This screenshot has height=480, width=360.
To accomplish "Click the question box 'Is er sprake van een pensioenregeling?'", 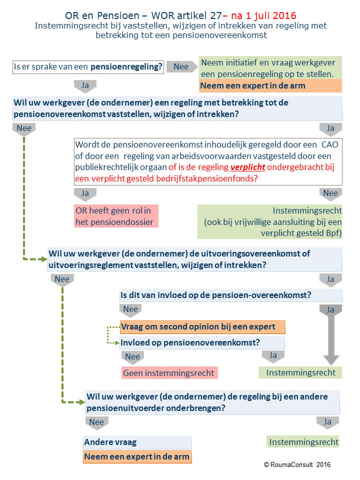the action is [x=88, y=66].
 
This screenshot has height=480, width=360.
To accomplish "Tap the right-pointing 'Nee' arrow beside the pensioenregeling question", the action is [x=182, y=66].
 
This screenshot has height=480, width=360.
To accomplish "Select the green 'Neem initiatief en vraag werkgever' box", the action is [x=270, y=68].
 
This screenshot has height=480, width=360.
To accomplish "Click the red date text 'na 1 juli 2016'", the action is [x=263, y=15].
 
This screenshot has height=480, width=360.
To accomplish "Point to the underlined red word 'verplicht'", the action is [x=247, y=167].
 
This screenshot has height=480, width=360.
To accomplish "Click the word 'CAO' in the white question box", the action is [x=329, y=144].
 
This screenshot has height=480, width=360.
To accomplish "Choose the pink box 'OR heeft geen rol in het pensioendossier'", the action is [x=116, y=216].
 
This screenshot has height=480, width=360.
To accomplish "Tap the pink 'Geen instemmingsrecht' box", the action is [x=169, y=373].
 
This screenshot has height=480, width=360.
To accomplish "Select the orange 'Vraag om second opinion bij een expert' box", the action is [x=202, y=327].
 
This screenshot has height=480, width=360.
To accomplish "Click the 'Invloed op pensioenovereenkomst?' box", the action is [x=202, y=342].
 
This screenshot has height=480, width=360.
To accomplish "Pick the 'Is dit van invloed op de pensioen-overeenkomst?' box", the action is [x=231, y=295].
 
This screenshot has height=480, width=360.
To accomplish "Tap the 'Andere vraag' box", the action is [x=137, y=442].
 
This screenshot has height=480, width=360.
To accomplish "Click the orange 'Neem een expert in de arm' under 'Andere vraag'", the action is [x=137, y=456].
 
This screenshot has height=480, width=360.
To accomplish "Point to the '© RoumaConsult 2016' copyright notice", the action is [x=297, y=464].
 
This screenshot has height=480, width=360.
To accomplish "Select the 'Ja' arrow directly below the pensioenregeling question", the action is [x=85, y=86].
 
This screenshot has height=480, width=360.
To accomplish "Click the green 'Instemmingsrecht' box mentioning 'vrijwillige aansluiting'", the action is [x=269, y=221].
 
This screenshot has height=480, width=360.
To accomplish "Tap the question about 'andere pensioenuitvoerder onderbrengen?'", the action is [x=213, y=402].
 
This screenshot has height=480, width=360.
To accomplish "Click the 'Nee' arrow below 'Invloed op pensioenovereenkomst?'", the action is [x=132, y=357].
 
